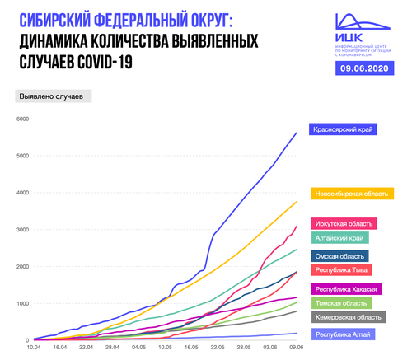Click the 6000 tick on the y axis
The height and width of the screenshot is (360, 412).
(x=22, y=119)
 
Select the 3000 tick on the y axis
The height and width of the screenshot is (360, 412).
(x=22, y=230)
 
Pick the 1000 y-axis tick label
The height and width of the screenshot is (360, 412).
(x=22, y=303)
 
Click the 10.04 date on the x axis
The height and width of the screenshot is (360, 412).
(x=34, y=348)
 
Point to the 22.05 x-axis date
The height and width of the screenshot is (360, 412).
(x=218, y=348)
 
